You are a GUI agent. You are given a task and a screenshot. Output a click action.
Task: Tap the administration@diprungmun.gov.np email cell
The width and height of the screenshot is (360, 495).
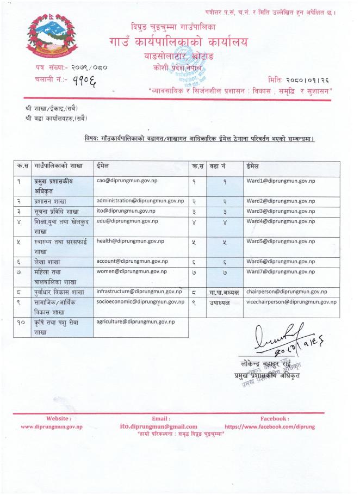point(140,200)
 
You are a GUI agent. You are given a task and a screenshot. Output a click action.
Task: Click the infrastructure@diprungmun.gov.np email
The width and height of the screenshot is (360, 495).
point(139,292)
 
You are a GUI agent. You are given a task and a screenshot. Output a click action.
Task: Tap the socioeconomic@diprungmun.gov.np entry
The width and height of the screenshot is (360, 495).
point(140,302)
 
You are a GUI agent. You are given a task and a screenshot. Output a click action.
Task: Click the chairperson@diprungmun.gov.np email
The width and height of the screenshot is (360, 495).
point(287,292)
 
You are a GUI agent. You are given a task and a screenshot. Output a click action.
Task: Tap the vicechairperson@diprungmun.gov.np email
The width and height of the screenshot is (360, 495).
point(291,302)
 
